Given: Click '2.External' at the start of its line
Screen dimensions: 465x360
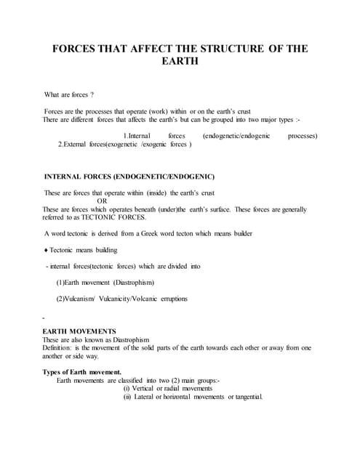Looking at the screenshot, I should click(81, 145).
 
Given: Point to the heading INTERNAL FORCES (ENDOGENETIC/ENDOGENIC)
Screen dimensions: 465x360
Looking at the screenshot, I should click(129, 177).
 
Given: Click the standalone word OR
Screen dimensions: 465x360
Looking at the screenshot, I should click(102, 201).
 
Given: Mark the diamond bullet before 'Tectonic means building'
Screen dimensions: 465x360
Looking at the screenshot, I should click(47, 250).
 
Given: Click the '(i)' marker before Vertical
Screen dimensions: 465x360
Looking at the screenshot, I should click(128, 388).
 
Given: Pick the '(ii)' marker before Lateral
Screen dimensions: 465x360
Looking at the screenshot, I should click(129, 396).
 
